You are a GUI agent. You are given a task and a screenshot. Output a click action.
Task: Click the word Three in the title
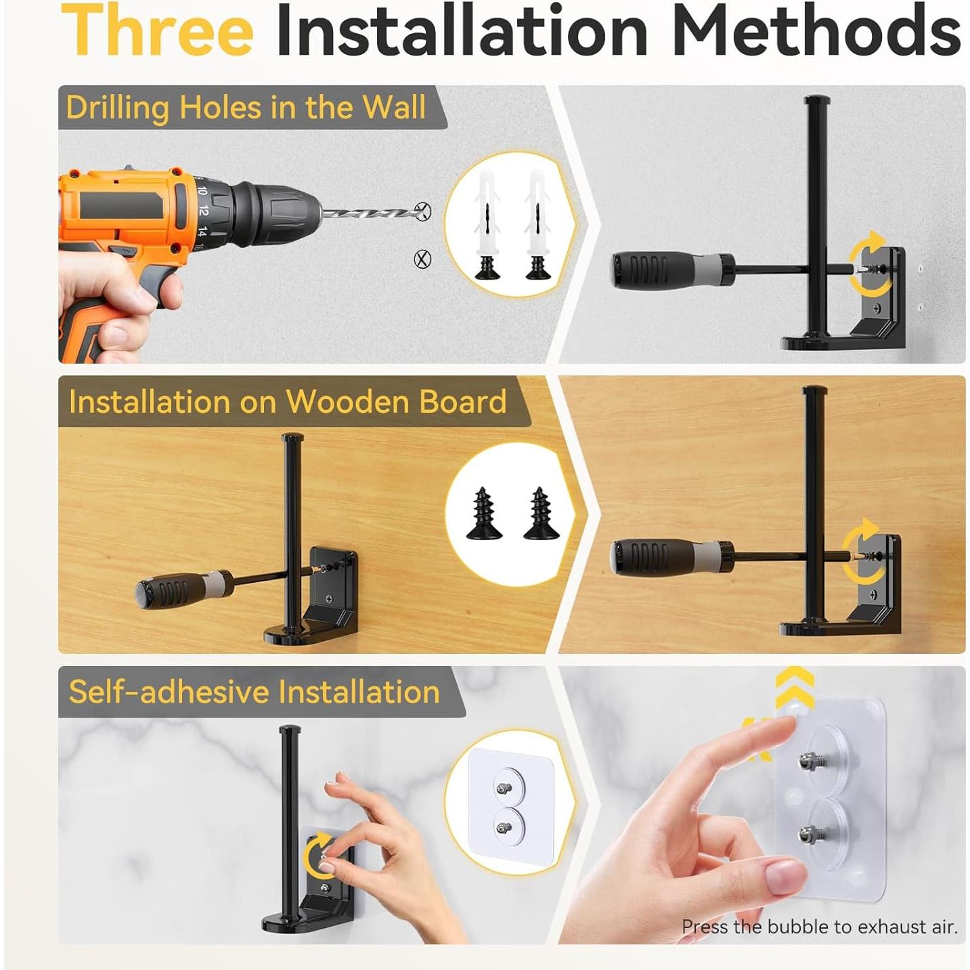[157, 30]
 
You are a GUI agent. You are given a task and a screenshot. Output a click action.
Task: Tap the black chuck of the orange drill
[272, 214]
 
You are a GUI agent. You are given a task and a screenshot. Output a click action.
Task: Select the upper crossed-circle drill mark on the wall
[423, 211]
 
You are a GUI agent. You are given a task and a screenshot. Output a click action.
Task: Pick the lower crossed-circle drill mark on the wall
[422, 259]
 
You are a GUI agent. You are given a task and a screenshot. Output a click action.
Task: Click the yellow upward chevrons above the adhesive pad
[795, 686]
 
